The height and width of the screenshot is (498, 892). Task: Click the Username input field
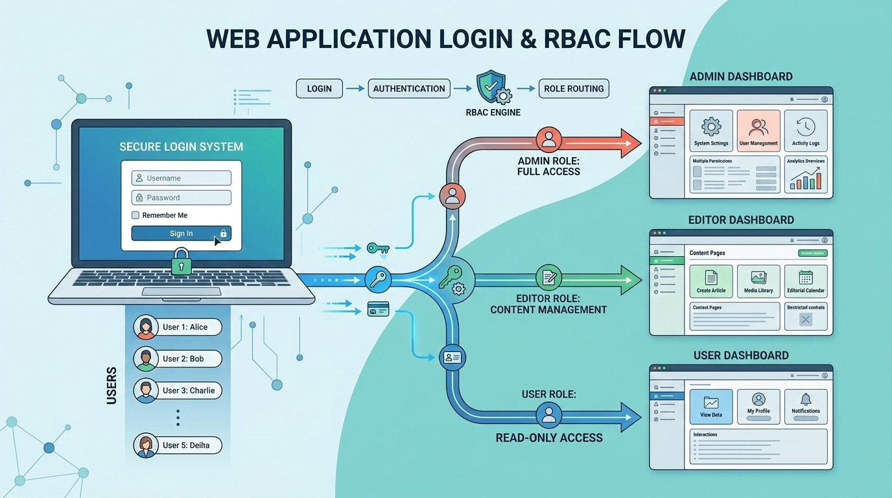(x=181, y=178)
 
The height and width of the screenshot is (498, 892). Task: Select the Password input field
(x=181, y=198)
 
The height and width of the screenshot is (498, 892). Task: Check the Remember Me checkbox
(x=135, y=215)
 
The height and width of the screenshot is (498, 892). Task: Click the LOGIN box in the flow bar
(x=319, y=89)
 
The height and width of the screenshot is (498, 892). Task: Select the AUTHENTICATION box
(x=409, y=89)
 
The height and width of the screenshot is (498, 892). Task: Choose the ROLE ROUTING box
(x=574, y=89)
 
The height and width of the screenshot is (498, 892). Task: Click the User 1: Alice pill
(x=178, y=327)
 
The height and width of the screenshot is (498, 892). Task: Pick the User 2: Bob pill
(x=178, y=359)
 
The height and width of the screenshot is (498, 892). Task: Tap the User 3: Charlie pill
(x=178, y=390)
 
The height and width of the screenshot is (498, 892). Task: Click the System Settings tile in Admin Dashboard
(x=711, y=130)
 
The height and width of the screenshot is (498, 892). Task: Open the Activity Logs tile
(x=805, y=130)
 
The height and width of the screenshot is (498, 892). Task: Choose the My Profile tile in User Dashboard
(x=758, y=406)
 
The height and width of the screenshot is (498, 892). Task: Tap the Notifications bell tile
(x=806, y=406)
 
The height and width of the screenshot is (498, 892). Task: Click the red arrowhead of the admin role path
(x=629, y=143)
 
